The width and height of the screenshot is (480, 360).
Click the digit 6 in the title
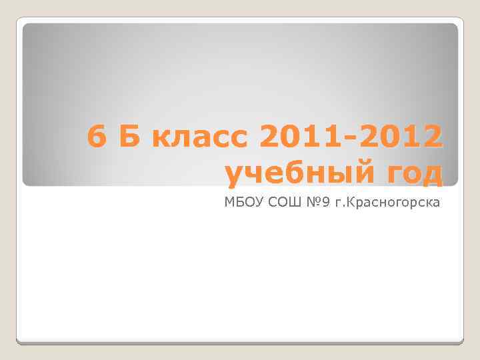(x=97, y=138)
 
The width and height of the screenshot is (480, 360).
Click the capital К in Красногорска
(x=360, y=202)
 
